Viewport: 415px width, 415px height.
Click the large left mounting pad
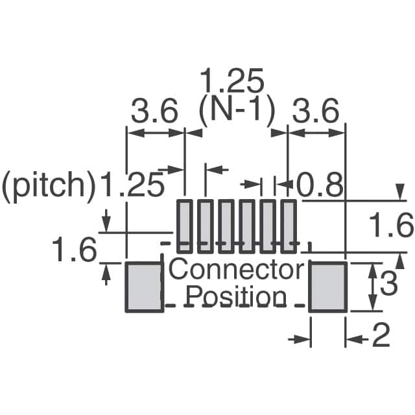click(x=143, y=287)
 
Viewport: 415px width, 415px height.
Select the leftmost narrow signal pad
click(x=185, y=226)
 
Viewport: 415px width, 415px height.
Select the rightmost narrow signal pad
click(x=289, y=226)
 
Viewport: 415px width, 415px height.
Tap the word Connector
click(x=236, y=269)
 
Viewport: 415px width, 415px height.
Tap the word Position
click(x=236, y=297)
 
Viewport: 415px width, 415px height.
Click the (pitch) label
click(x=49, y=186)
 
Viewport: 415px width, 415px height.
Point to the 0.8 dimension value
click(x=320, y=187)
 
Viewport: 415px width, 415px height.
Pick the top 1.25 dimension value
click(x=232, y=83)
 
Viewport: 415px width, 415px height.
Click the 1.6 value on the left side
click(x=74, y=250)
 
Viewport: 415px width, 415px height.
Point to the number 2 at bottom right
click(x=381, y=337)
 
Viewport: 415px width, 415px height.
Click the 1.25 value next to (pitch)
click(x=132, y=186)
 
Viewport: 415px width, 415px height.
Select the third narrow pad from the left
click(x=226, y=226)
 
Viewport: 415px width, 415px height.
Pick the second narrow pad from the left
click(x=206, y=226)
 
